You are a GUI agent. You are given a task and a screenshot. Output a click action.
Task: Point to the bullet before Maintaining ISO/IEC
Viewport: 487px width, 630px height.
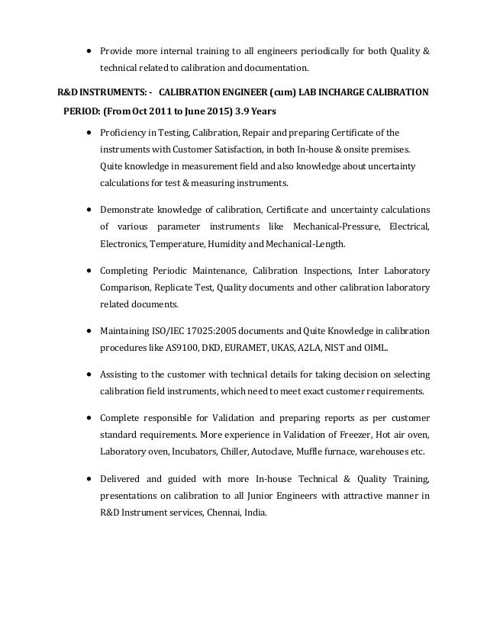tap(90, 332)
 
